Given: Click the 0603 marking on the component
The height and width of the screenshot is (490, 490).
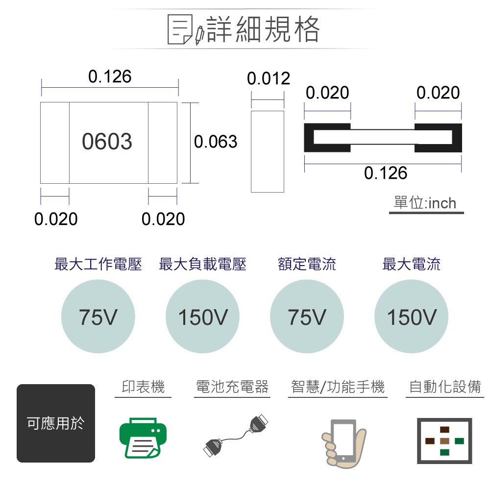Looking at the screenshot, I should point(107,142).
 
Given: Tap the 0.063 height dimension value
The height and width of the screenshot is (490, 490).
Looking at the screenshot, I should point(216,142).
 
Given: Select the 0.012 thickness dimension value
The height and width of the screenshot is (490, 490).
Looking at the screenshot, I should point(269,78).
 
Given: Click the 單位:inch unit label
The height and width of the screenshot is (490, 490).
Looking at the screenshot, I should point(425,203).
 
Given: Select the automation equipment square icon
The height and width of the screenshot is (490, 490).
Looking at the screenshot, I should point(444,441).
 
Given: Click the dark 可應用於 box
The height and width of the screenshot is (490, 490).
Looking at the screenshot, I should point(56,423).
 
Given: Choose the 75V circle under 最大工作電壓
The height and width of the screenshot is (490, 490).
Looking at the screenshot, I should point(98,317).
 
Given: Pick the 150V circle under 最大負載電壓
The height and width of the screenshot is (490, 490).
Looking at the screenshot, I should point(202,317).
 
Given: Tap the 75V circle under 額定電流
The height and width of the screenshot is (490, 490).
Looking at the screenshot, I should point(307,317).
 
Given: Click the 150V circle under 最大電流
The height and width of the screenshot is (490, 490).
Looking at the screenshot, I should point(411,317).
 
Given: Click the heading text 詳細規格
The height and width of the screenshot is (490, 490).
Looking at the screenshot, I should point(264,29).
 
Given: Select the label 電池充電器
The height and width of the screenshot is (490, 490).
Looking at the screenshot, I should point(232,387).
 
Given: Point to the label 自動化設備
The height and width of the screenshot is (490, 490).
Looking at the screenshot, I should point(445,387).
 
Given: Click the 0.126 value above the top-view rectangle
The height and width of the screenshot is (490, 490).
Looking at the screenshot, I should point(110,76).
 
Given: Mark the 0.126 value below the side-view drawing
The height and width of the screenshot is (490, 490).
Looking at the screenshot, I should point(386,172).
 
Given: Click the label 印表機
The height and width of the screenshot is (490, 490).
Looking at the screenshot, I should point(143,387).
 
